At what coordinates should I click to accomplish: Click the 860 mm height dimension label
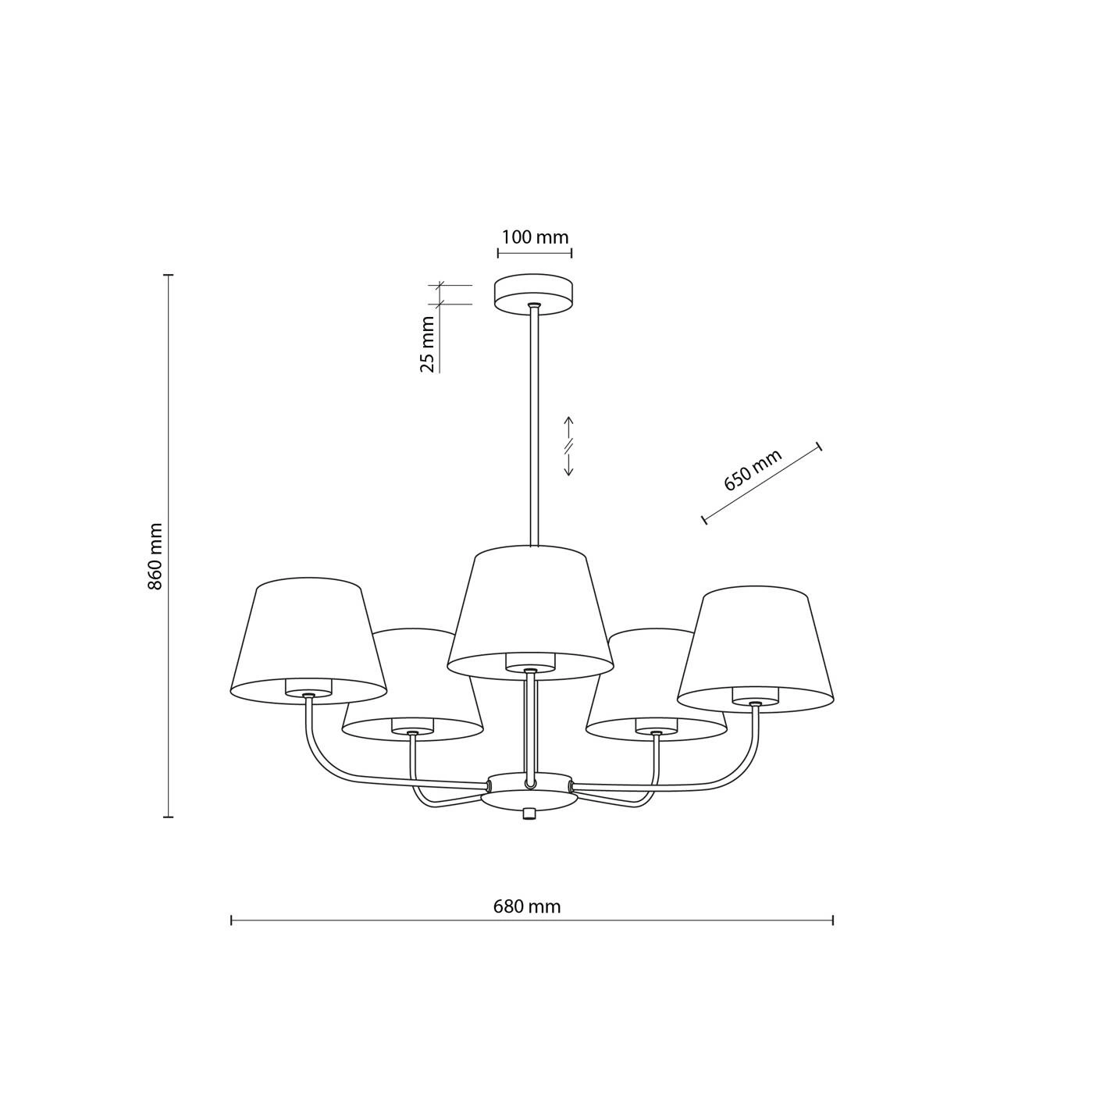[155, 556]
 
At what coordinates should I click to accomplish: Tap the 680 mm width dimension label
[526, 906]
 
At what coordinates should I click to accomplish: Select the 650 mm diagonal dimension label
[753, 469]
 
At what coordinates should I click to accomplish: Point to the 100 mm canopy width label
[535, 237]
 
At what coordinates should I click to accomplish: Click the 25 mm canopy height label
[428, 344]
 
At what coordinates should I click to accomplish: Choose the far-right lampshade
[756, 646]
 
